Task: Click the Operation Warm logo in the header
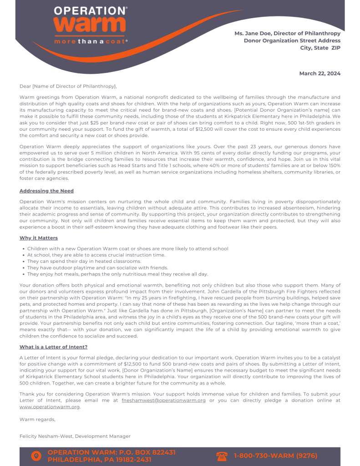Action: tap(90, 20)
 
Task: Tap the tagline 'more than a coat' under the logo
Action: tap(91, 41)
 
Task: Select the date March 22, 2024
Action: tap(319, 73)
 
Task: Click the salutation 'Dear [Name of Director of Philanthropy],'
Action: tap(68, 86)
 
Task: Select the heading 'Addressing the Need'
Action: tap(46, 191)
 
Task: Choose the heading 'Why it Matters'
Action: tap(39, 238)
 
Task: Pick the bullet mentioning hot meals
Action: tap(117, 274)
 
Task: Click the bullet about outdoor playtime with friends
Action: tap(97, 268)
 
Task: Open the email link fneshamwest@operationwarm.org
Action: tap(164, 400)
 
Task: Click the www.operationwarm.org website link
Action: tap(50, 407)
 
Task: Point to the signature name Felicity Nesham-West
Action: tap(46, 436)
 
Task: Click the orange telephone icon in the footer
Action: tap(222, 456)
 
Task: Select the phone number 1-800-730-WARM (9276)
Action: tap(275, 456)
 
